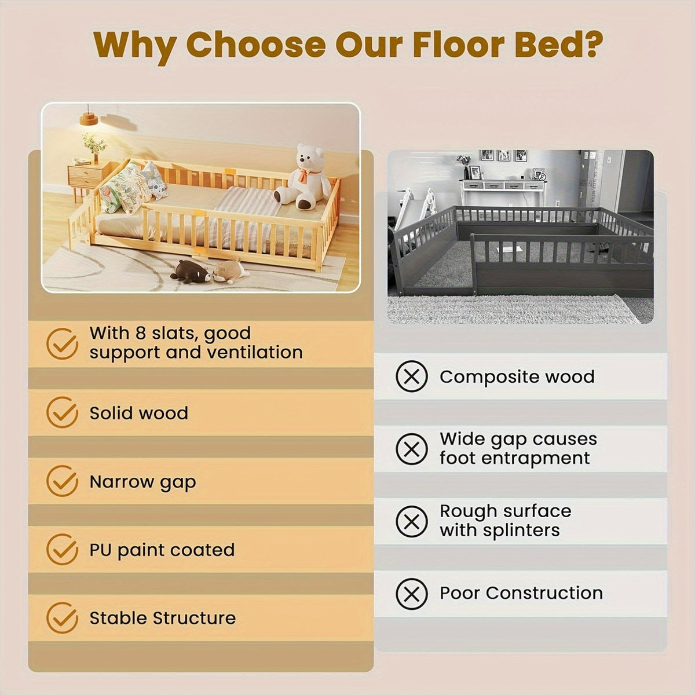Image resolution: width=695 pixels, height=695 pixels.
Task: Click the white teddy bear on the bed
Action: coord(303,177)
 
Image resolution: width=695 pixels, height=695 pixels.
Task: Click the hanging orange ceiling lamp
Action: coord(88,119)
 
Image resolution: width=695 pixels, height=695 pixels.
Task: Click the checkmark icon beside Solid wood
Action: coord(62,412)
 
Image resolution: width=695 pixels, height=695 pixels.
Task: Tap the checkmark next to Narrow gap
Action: coord(62,481)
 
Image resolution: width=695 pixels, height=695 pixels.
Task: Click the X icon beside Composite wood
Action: coord(411,376)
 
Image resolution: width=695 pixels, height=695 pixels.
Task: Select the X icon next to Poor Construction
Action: coord(411,593)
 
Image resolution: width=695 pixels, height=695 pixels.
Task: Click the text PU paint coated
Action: coord(162,550)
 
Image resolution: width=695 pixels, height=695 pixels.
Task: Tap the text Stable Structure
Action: coord(162,618)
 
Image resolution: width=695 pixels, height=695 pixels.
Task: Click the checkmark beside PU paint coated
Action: coord(62,550)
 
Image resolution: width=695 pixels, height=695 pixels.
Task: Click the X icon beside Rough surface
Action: coord(411,521)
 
